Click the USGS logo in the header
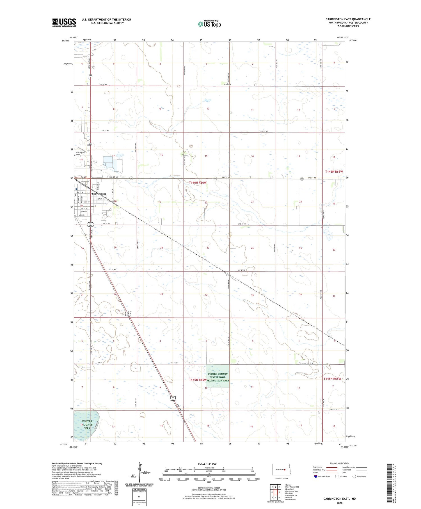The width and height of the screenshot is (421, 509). pyautogui.click(x=64, y=22)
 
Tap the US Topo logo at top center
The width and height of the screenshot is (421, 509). pyautogui.click(x=209, y=24)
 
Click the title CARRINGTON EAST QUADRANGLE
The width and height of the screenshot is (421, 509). pyautogui.click(x=348, y=19)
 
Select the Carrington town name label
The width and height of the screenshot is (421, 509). pyautogui.click(x=99, y=194)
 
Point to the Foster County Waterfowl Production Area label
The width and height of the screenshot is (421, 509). pyautogui.click(x=218, y=377)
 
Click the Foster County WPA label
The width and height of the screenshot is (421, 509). pyautogui.click(x=87, y=424)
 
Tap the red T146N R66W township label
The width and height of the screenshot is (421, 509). pyautogui.click(x=198, y=182)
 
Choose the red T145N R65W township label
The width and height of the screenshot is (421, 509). pyautogui.click(x=332, y=379)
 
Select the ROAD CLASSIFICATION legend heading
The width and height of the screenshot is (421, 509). pyautogui.click(x=340, y=463)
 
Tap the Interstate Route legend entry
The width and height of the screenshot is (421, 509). pyautogui.click(x=323, y=476)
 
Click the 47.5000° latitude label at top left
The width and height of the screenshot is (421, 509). pyautogui.click(x=65, y=41)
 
